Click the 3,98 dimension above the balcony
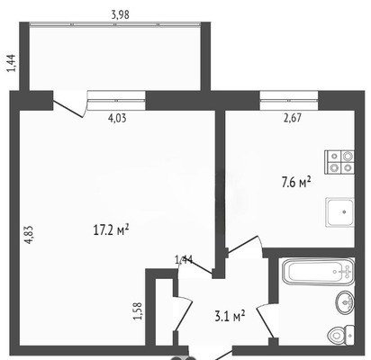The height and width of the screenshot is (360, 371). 121,14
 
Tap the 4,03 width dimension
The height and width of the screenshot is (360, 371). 117,118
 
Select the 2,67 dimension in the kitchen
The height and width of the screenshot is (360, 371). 293,118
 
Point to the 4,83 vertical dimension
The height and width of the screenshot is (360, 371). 29,235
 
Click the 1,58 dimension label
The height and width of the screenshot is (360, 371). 138,311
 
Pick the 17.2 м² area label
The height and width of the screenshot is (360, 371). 111,230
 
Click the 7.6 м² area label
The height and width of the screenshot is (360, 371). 296,182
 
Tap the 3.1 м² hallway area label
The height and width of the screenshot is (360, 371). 230,317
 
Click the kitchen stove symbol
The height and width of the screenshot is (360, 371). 339,162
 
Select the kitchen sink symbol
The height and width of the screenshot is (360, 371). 339,212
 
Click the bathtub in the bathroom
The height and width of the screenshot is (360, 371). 318,272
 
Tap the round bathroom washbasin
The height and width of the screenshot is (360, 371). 345,302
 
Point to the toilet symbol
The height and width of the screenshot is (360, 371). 341,335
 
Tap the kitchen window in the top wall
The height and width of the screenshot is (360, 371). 289,101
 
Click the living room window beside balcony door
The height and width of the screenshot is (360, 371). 116,101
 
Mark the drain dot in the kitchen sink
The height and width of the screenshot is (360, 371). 344,211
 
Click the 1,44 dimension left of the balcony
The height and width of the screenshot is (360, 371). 13,63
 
